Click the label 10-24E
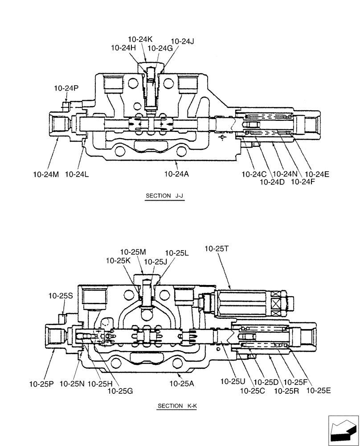(317, 174)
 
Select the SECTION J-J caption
(164, 196)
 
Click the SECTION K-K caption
(176, 406)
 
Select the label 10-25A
(181, 383)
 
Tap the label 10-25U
(233, 382)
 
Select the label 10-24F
(302, 182)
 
